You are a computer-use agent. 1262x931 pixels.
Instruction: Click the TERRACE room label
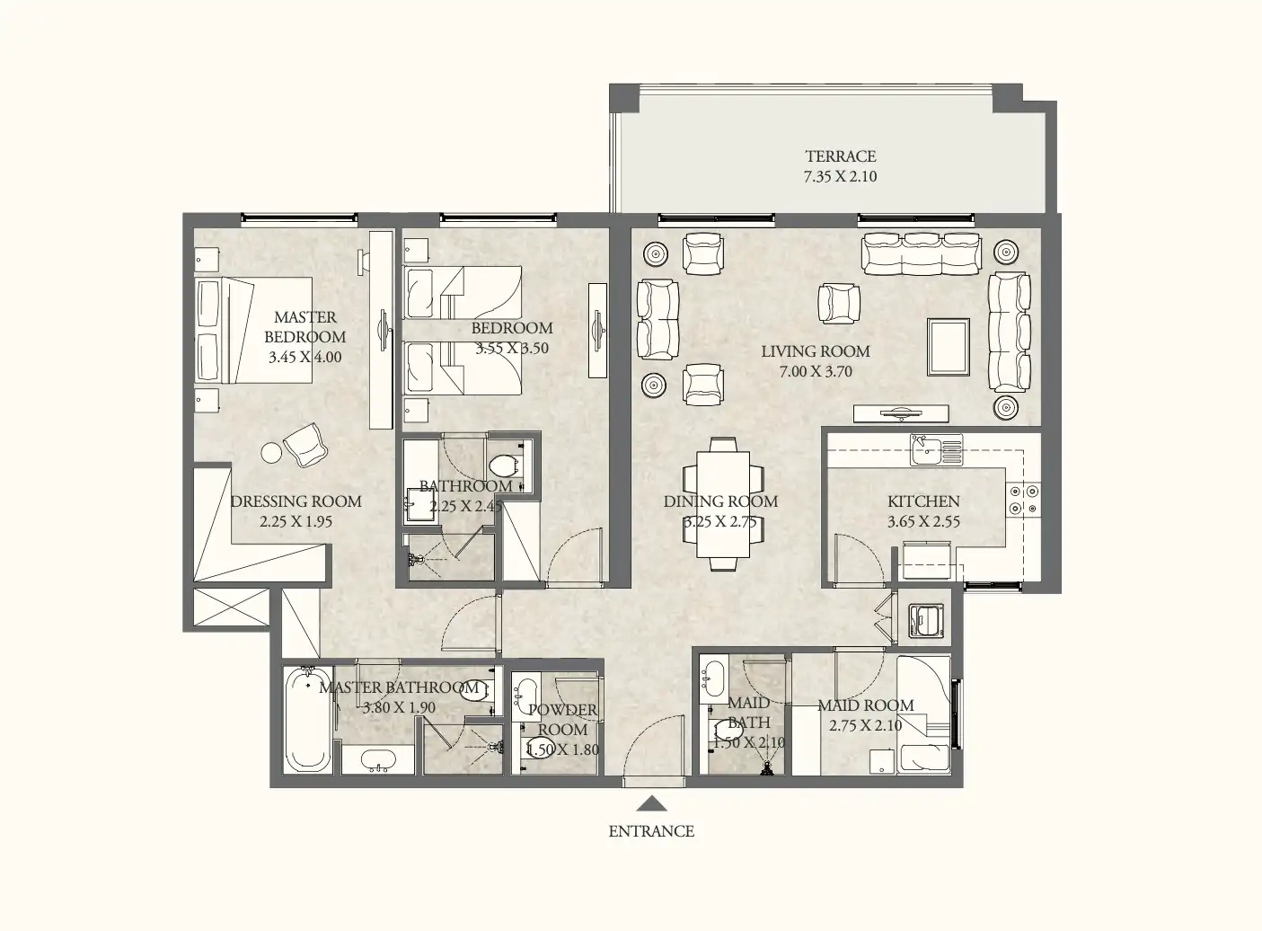tap(840, 156)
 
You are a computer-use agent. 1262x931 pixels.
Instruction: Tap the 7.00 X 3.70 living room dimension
tap(814, 371)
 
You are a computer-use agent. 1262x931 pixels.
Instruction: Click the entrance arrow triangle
tap(651, 804)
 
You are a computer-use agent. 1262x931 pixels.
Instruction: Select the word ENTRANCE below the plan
tap(651, 831)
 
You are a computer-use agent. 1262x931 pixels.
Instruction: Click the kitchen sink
tap(925, 448)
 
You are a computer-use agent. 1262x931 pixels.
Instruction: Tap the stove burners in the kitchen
tap(1023, 500)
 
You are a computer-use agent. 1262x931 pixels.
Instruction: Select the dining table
tap(723, 503)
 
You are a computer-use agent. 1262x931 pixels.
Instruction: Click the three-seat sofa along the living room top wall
tap(921, 253)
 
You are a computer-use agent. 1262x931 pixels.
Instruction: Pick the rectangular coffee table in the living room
tap(949, 347)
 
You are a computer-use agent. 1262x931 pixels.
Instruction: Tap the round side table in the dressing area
tap(272, 453)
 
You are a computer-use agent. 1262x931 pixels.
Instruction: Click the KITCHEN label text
tap(923, 501)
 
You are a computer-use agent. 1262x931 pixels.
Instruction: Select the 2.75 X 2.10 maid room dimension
tap(865, 725)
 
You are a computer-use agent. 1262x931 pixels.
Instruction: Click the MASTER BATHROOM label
tap(399, 687)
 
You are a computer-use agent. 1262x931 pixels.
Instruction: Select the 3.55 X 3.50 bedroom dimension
tap(511, 348)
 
